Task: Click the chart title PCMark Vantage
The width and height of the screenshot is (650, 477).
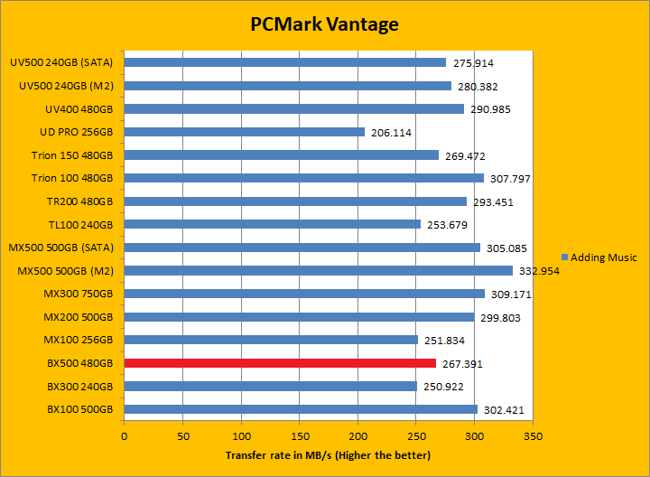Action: click(324, 24)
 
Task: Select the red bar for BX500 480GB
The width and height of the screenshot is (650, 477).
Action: click(280, 363)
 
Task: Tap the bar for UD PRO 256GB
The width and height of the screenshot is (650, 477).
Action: click(245, 132)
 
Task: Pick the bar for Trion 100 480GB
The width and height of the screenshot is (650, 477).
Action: click(303, 178)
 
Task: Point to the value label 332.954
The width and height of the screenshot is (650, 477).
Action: click(540, 271)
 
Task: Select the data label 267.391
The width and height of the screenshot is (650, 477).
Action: click(463, 364)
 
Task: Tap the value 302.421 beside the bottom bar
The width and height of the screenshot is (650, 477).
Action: click(504, 410)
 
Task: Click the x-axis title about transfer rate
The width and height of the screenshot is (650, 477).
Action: click(328, 455)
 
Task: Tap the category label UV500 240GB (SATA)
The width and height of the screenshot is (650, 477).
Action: click(61, 63)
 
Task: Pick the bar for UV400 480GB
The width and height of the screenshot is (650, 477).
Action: click(294, 108)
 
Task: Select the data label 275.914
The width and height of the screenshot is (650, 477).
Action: click(473, 63)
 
